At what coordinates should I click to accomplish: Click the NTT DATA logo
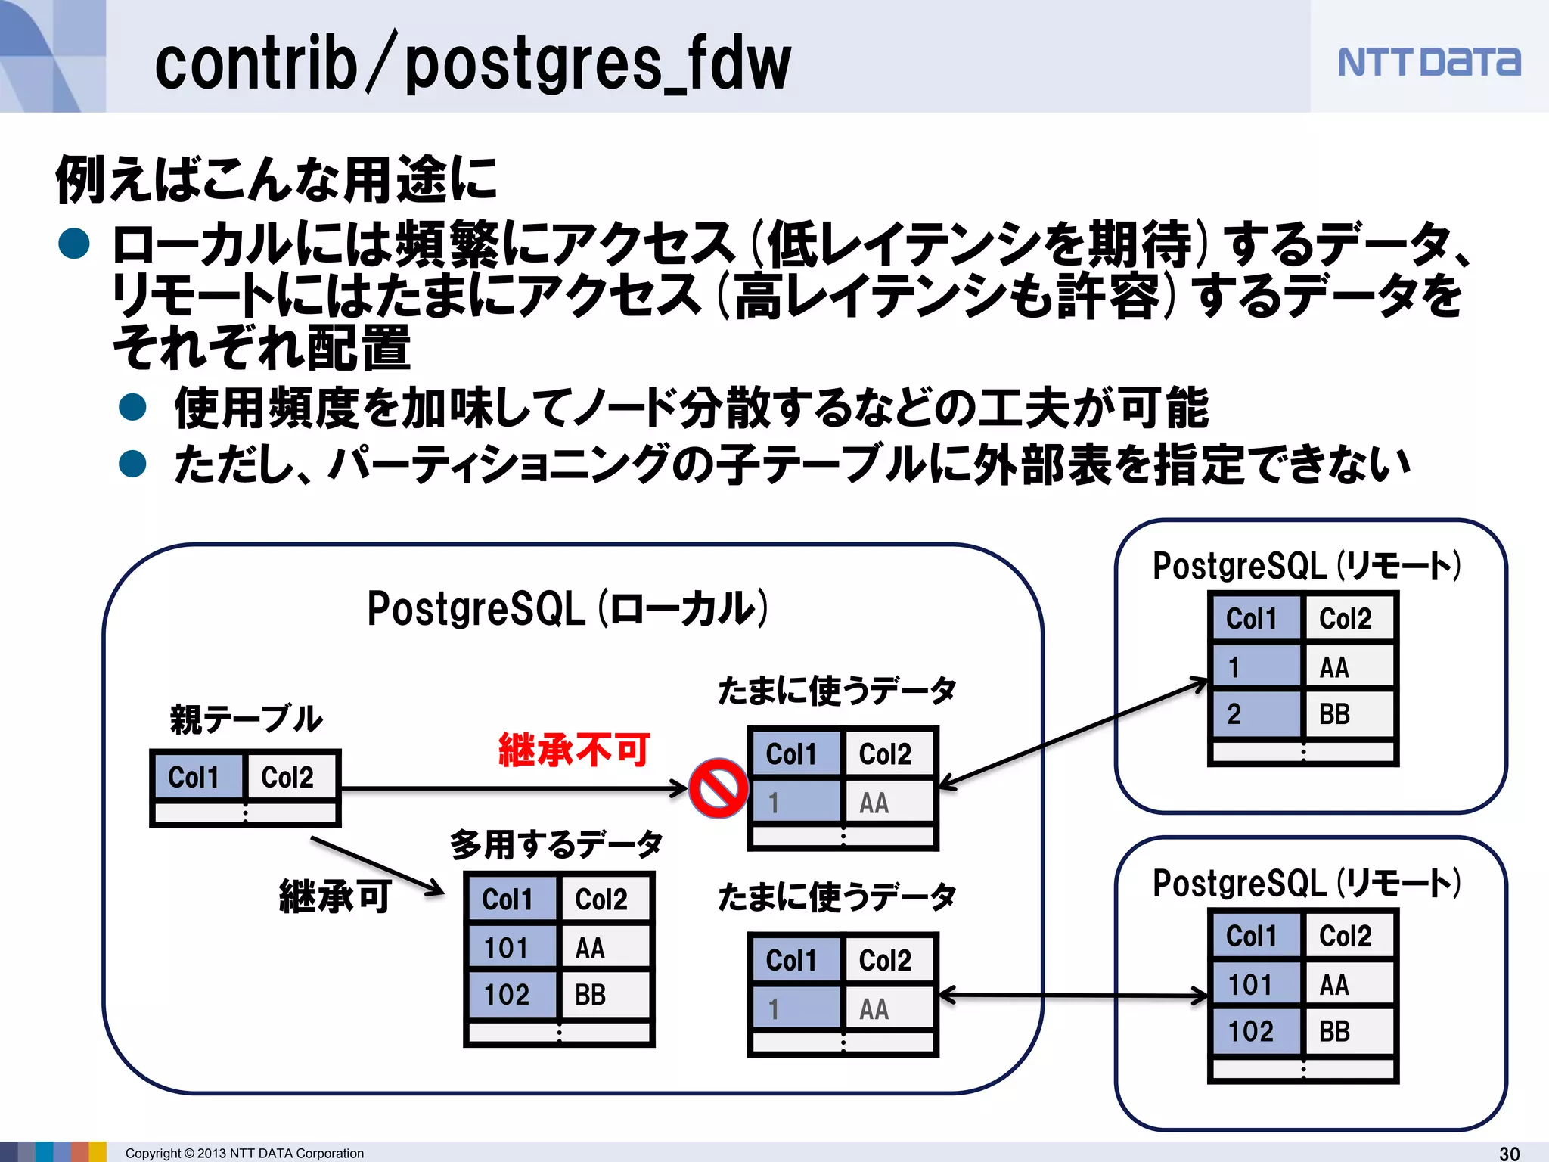[1428, 62]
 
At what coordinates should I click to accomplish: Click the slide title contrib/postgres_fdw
[473, 64]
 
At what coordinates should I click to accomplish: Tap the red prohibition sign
[719, 788]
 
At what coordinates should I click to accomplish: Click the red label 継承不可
[574, 750]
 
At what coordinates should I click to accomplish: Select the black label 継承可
[335, 896]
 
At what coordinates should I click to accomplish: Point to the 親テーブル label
[247, 719]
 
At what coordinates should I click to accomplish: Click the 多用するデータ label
[557, 844]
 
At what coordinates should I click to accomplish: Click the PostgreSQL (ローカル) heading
[567, 609]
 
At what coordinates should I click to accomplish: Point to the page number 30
[1509, 1153]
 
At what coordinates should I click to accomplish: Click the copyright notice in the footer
[244, 1153]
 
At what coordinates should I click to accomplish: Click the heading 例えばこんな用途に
[276, 180]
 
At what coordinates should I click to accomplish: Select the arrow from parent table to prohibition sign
[514, 788]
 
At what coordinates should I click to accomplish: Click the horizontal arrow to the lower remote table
[1074, 996]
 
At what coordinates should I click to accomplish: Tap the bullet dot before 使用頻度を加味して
[132, 407]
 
